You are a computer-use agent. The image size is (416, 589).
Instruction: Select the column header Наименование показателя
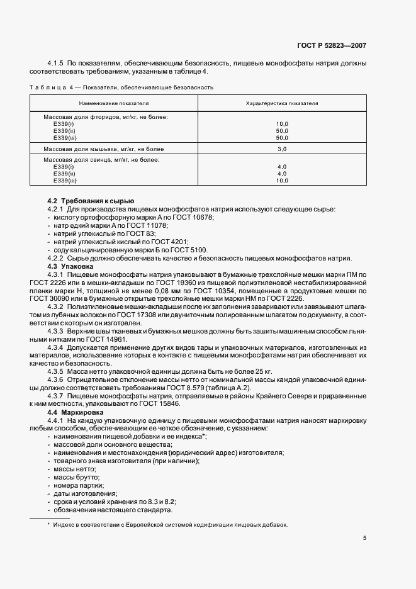click(x=114, y=102)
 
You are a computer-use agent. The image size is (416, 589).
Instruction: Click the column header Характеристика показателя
click(x=281, y=102)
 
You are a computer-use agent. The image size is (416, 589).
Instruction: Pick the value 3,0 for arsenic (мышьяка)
click(x=281, y=149)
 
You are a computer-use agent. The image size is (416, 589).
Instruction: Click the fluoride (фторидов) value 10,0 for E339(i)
click(x=281, y=124)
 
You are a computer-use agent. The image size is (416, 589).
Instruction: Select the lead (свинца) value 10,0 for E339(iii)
click(x=281, y=180)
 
